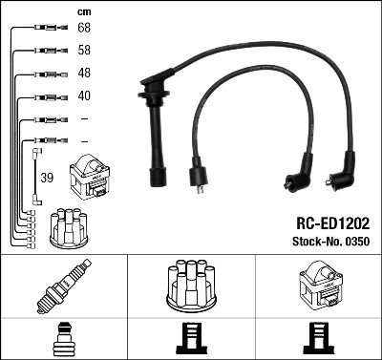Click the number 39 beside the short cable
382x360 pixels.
47,177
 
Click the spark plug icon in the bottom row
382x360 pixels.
63,287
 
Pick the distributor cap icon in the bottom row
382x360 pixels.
190,286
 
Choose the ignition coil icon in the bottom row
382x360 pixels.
317,286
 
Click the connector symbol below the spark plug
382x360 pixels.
63,339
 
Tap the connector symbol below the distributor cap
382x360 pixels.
190,339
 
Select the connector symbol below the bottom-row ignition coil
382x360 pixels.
317,339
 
